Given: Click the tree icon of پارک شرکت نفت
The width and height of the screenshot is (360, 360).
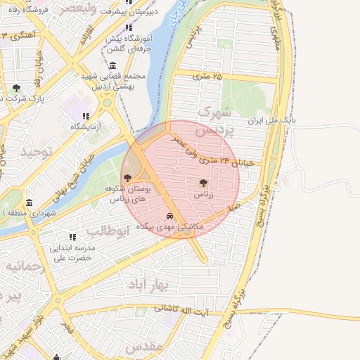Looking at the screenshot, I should [x=16, y=88].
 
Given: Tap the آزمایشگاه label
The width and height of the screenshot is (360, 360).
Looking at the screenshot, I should [x=85, y=127].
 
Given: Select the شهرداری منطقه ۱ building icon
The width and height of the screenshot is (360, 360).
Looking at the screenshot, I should [x=29, y=202].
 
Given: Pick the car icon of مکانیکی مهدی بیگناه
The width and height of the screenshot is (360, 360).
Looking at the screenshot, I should [x=169, y=216].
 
